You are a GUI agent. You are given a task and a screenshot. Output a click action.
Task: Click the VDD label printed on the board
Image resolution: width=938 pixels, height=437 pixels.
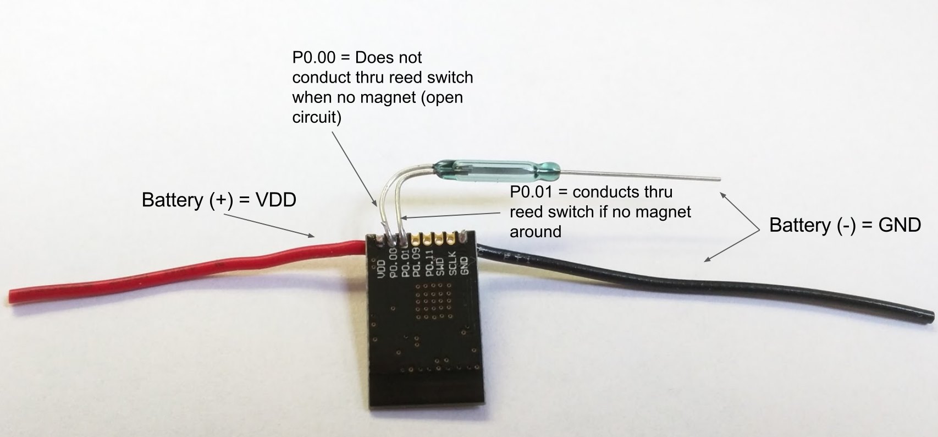381,268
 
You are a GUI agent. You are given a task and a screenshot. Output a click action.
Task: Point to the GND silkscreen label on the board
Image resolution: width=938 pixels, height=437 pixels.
465,266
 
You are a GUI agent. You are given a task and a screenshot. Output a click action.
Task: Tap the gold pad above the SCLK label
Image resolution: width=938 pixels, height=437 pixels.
451,239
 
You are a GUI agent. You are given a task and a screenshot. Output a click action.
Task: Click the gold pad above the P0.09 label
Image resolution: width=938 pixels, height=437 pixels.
416,239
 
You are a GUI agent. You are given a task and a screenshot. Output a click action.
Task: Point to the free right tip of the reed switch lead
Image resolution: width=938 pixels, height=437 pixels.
718,179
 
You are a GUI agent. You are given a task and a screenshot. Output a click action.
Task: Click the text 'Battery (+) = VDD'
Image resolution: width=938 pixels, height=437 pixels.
219,200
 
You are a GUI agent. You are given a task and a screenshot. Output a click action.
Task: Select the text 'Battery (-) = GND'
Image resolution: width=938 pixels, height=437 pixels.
845,225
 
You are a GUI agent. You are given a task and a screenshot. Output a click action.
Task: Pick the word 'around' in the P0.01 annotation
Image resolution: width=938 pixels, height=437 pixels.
536,231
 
